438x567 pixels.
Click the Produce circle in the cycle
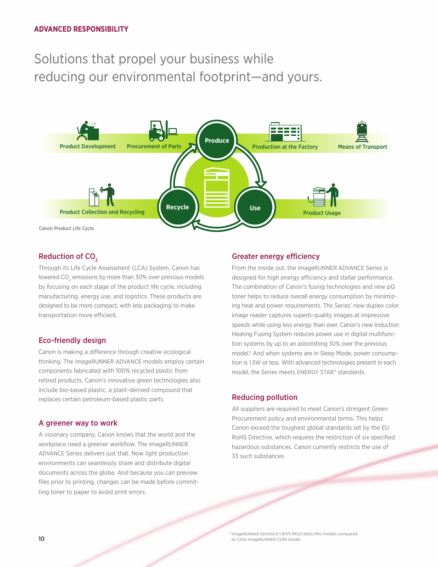[217, 140]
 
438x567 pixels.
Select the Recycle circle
[177, 207]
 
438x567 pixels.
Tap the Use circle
[255, 208]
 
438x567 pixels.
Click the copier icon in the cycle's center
[217, 188]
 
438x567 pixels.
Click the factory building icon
[285, 132]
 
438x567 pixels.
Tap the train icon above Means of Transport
[362, 131]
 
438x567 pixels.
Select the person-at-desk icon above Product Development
[88, 131]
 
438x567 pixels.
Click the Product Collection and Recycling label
[102, 212]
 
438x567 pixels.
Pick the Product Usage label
[322, 213]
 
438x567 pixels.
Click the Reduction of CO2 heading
[68, 257]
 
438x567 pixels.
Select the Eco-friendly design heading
[72, 340]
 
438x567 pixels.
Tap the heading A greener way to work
[78, 423]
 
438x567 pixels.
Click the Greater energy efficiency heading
[275, 256]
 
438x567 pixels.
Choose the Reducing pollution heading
[264, 397]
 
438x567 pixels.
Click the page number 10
[41, 539]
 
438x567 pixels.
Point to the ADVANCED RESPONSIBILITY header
[81, 29]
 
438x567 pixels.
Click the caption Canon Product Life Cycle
[66, 228]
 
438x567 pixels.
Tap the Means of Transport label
[362, 147]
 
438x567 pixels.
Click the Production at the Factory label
[285, 147]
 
